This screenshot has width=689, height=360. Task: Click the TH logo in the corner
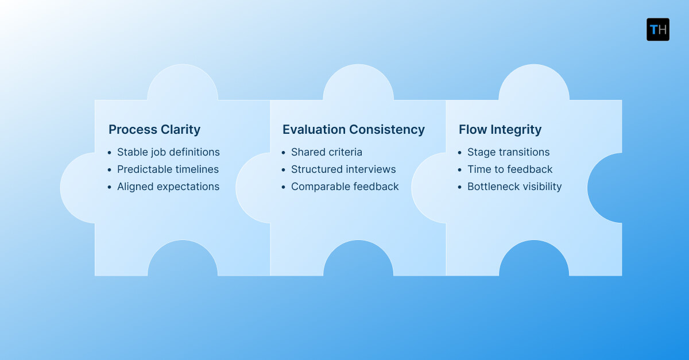tap(657, 29)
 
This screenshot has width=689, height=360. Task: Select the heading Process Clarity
tap(154, 130)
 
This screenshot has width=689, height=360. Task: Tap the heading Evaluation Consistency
tap(354, 130)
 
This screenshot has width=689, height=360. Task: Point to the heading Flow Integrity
tap(500, 130)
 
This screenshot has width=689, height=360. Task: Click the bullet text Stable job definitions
tap(168, 152)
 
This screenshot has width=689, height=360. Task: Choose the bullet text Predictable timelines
tap(168, 169)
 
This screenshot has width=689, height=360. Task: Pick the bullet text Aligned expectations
tap(168, 187)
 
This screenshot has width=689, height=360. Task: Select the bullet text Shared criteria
tap(327, 152)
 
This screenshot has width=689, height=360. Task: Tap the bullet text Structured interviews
tap(343, 169)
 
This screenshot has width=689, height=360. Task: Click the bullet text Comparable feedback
tap(344, 187)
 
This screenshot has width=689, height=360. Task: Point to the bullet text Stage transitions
tap(508, 152)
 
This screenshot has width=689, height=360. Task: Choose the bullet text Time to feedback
tap(510, 169)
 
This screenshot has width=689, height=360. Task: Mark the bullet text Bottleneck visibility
tap(514, 187)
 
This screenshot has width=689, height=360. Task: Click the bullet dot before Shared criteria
tap(284, 153)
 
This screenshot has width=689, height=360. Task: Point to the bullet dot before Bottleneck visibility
tap(460, 187)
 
